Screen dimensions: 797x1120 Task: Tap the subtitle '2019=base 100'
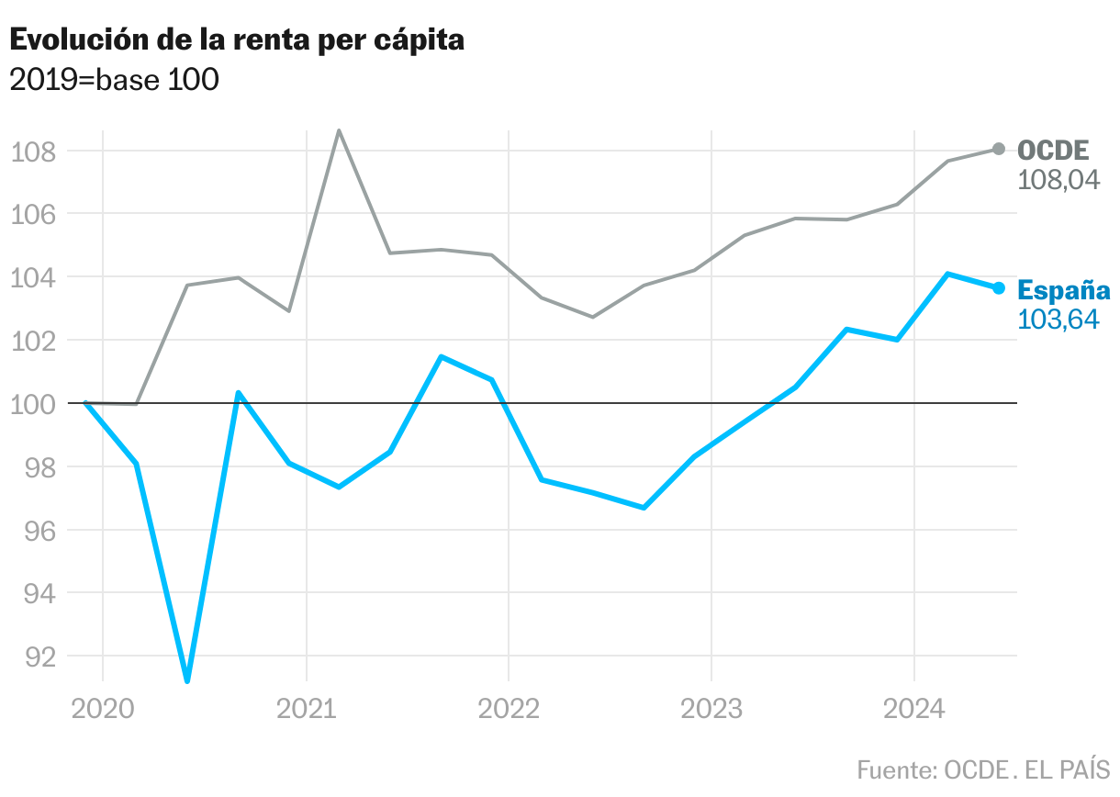pos(114,81)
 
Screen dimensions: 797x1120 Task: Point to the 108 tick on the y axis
pos(33,152)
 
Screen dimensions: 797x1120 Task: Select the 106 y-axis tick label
pos(33,215)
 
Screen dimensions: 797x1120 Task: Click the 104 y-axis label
pos(33,278)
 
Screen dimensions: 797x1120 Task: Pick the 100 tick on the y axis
pos(33,404)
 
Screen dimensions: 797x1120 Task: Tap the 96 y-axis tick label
pos(33,531)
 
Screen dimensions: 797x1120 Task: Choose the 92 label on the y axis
pos(33,657)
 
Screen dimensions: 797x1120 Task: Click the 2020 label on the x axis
pos(103,709)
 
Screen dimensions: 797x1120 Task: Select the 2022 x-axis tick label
pos(509,709)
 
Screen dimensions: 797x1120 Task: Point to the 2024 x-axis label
pos(914,709)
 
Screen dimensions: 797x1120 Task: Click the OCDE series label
pos(1053,151)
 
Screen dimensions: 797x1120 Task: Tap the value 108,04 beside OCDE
pos(1058,179)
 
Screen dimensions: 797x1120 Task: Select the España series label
pos(1064,291)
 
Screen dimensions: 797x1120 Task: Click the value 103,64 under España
pos(1058,320)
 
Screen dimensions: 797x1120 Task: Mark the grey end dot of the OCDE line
pos(999,149)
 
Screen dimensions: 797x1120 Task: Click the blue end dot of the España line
pos(999,288)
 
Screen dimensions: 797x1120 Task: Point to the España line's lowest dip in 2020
pos(187,680)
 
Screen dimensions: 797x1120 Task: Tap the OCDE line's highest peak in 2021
pos(339,130)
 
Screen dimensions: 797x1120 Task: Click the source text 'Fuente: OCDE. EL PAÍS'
pos(983,769)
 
